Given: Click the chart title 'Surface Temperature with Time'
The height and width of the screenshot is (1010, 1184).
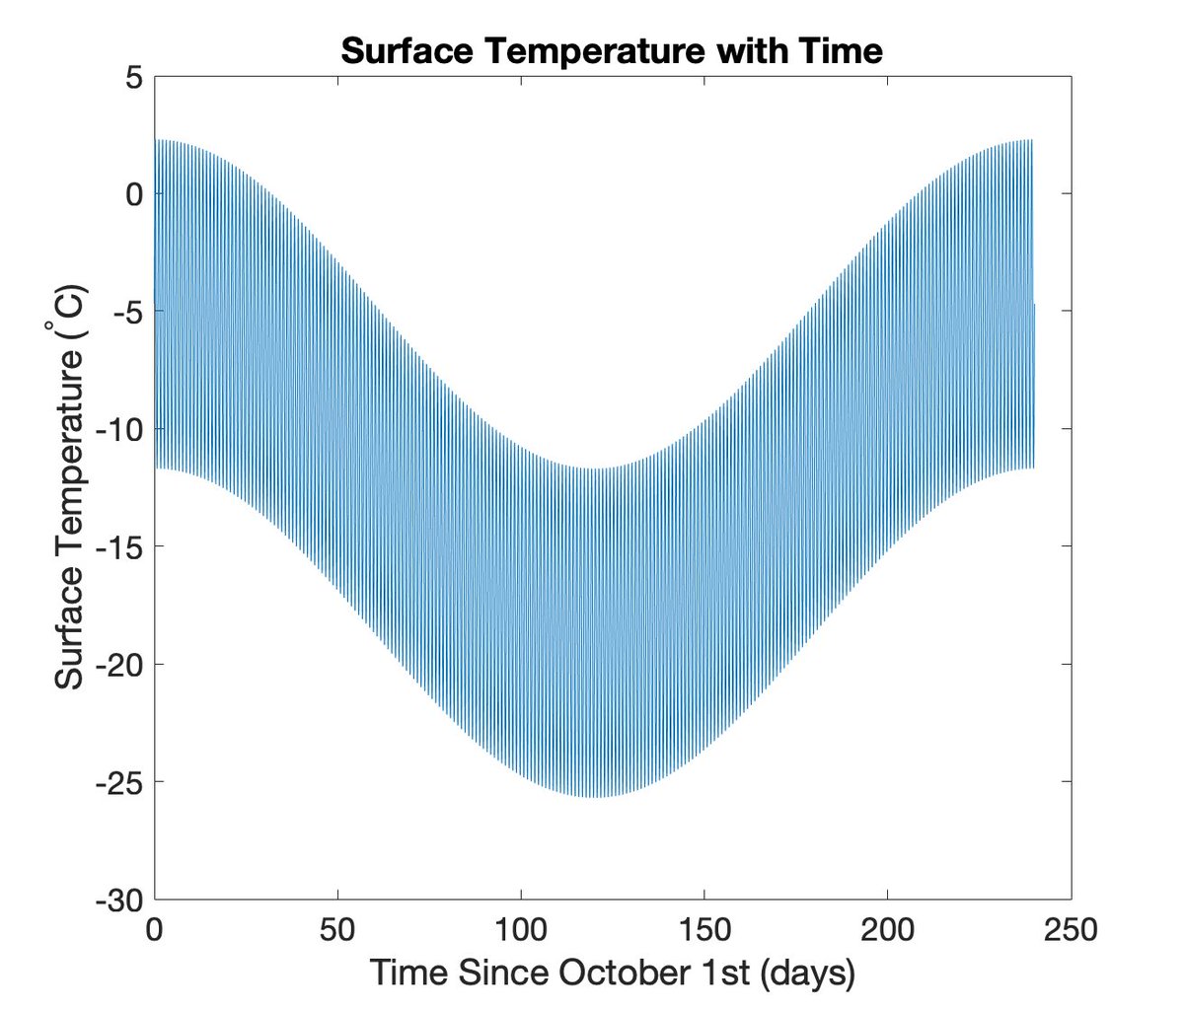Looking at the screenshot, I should (611, 50).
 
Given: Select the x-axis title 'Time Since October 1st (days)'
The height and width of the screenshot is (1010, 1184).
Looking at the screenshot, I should (612, 973).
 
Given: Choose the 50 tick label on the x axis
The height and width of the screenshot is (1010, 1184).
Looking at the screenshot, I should (337, 929).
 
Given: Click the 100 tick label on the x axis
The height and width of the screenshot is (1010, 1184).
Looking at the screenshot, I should (521, 929).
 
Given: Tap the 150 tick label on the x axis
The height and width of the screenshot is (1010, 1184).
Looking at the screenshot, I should (704, 929).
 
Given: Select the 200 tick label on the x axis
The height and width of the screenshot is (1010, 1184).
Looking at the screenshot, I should (888, 929).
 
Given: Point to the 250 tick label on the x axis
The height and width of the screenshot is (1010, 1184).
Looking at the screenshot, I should (1071, 929).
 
